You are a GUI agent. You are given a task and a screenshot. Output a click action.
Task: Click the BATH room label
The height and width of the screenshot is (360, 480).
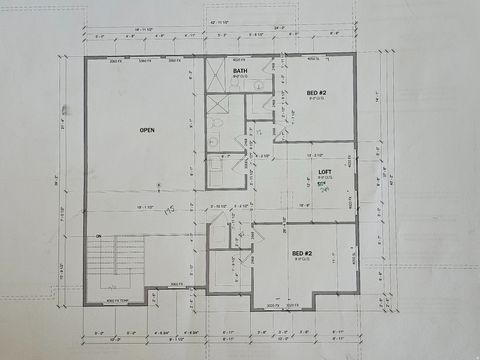(x=241, y=71)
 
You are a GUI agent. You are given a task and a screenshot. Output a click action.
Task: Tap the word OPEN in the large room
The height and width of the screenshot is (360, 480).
(x=146, y=129)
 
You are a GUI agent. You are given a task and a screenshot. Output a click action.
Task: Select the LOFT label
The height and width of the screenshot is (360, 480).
(x=324, y=171)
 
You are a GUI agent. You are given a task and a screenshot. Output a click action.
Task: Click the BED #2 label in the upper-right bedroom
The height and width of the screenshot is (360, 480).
(x=316, y=92)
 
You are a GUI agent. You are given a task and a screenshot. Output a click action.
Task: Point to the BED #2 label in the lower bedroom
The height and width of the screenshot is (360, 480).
(x=302, y=253)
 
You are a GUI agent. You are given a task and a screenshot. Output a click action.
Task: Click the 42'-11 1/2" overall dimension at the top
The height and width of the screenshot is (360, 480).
(x=221, y=20)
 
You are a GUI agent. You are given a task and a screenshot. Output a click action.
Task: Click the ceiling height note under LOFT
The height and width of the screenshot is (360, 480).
(x=324, y=178)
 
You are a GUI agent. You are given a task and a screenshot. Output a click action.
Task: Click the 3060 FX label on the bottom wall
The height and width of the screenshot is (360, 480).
(x=175, y=284)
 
